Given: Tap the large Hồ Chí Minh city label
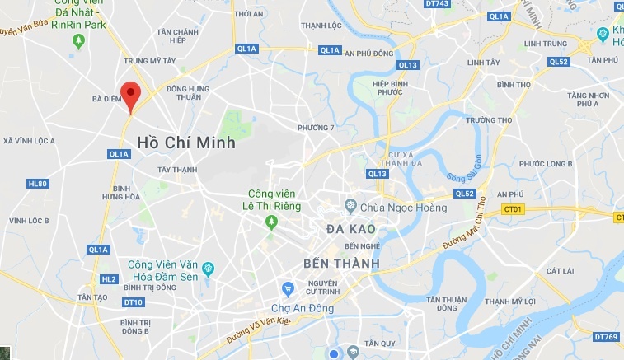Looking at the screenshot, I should (x=186, y=143).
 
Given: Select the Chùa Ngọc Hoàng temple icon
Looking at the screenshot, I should (x=350, y=206).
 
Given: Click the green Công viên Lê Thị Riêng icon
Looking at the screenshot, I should (x=270, y=222).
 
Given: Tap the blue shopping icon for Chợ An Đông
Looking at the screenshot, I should (x=288, y=288).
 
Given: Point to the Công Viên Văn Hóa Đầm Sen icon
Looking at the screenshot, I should (x=208, y=268).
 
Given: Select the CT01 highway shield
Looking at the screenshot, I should (x=514, y=209).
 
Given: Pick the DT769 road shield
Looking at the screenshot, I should (x=606, y=336).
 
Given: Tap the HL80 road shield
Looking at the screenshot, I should (x=37, y=184).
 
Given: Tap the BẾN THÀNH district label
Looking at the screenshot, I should (x=341, y=264).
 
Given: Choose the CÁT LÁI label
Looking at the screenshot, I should (x=559, y=270).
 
